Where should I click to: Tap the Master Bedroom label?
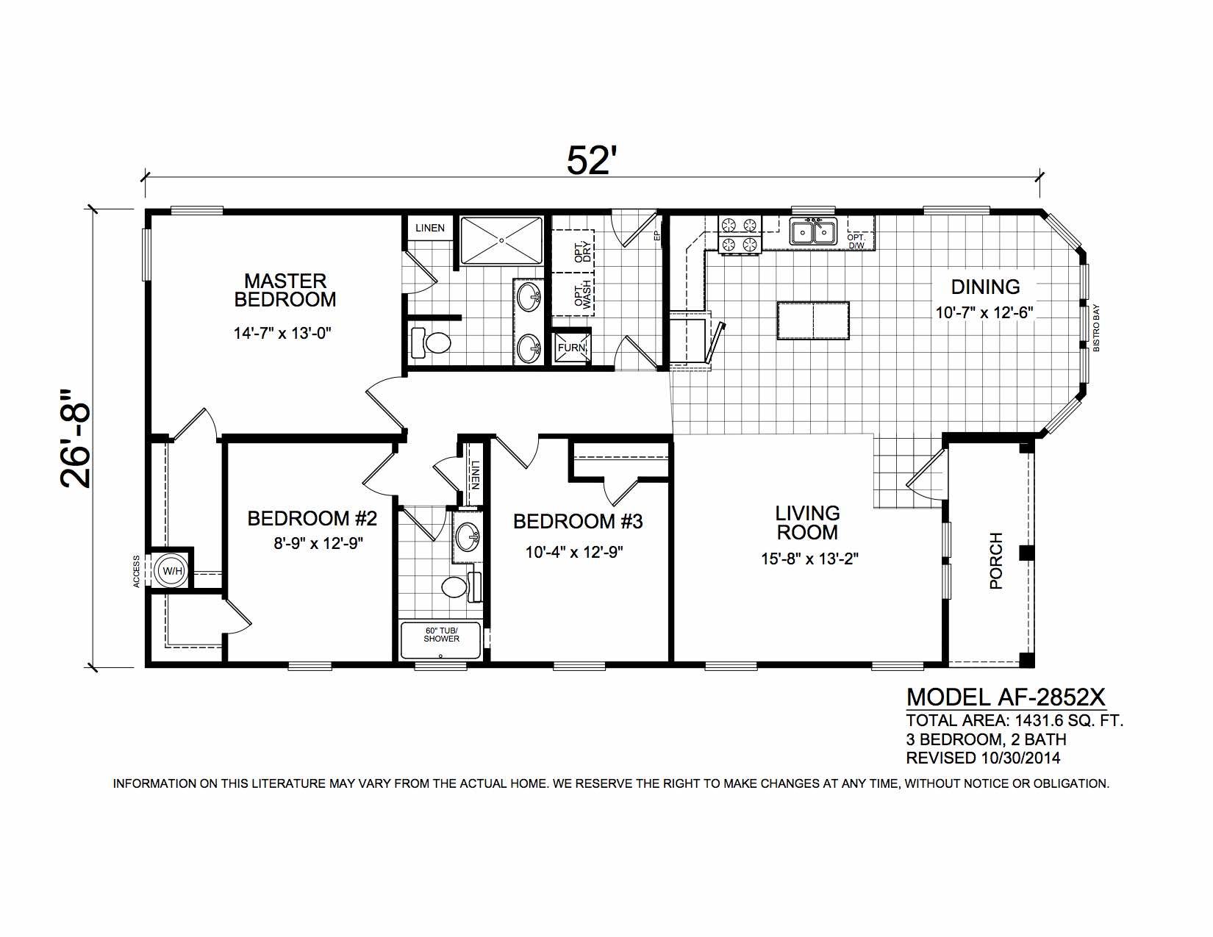[x=285, y=290]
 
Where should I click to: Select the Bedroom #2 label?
[x=312, y=518]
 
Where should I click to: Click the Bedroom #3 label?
[x=578, y=521]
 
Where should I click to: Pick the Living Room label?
[x=807, y=523]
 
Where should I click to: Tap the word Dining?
[x=985, y=287]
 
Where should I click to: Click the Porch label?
[x=996, y=561]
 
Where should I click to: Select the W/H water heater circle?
[x=172, y=571]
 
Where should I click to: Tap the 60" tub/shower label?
[x=441, y=635]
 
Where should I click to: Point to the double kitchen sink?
[x=813, y=231]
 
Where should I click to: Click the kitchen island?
[x=813, y=320]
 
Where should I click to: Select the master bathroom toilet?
[x=430, y=342]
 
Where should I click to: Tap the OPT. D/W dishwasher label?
[x=856, y=241]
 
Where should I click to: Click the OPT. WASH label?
[x=583, y=294]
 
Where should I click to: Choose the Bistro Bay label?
[x=1096, y=328]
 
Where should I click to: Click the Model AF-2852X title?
[x=1006, y=697]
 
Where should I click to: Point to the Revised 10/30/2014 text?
[x=983, y=758]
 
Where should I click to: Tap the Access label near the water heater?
[x=136, y=571]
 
